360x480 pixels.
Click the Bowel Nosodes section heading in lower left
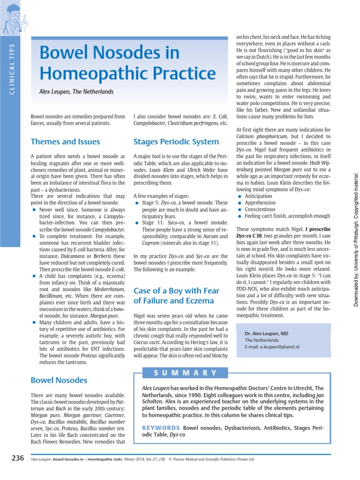click(x=59, y=380)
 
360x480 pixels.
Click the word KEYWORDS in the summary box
click(x=161, y=427)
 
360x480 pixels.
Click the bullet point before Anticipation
click(x=240, y=196)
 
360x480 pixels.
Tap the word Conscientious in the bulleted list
click(x=260, y=209)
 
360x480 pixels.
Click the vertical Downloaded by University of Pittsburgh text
click(x=356, y=240)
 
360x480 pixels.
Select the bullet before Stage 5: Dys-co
click(x=137, y=203)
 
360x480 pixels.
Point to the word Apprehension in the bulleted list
click(x=261, y=202)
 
